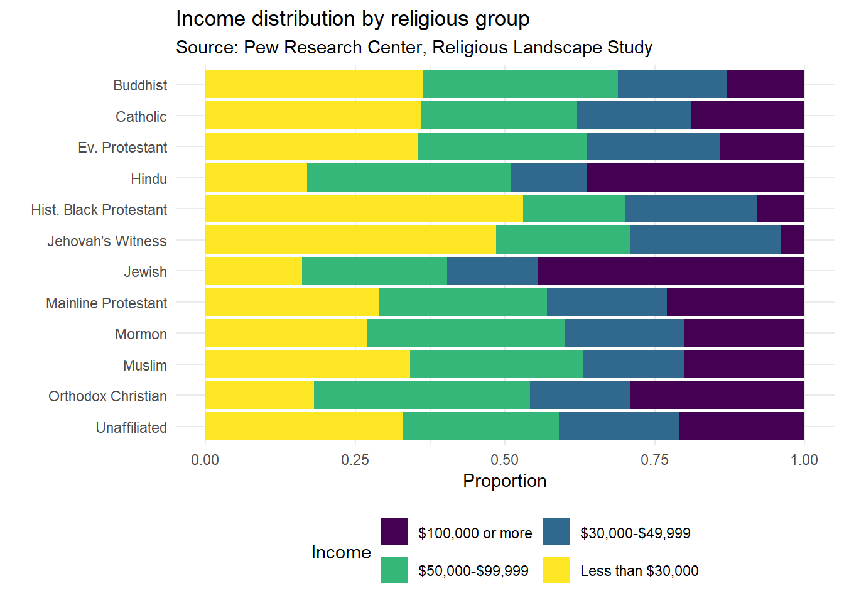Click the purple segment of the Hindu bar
pyautogui.click(x=695, y=178)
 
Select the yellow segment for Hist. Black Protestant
pyautogui.click(x=364, y=209)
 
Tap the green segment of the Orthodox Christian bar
pyautogui.click(x=421, y=395)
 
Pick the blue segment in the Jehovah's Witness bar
pyautogui.click(x=705, y=240)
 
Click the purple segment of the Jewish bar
pyautogui.click(x=671, y=271)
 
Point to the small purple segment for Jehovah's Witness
pyautogui.click(x=793, y=240)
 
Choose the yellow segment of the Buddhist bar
pyautogui.click(x=314, y=84)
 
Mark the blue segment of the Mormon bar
pyautogui.click(x=624, y=333)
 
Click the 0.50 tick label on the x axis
pyautogui.click(x=505, y=460)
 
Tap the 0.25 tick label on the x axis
pyautogui.click(x=355, y=460)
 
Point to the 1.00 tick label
pyautogui.click(x=804, y=460)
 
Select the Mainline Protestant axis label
pyautogui.click(x=106, y=303)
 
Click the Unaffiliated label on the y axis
pyautogui.click(x=131, y=428)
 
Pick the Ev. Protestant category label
pyautogui.click(x=122, y=148)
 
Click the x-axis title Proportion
pyautogui.click(x=504, y=481)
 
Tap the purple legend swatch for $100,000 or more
pyautogui.click(x=394, y=532)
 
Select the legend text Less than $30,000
pyautogui.click(x=639, y=571)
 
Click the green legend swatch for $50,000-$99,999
pyautogui.click(x=394, y=570)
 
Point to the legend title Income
pyautogui.click(x=341, y=552)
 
